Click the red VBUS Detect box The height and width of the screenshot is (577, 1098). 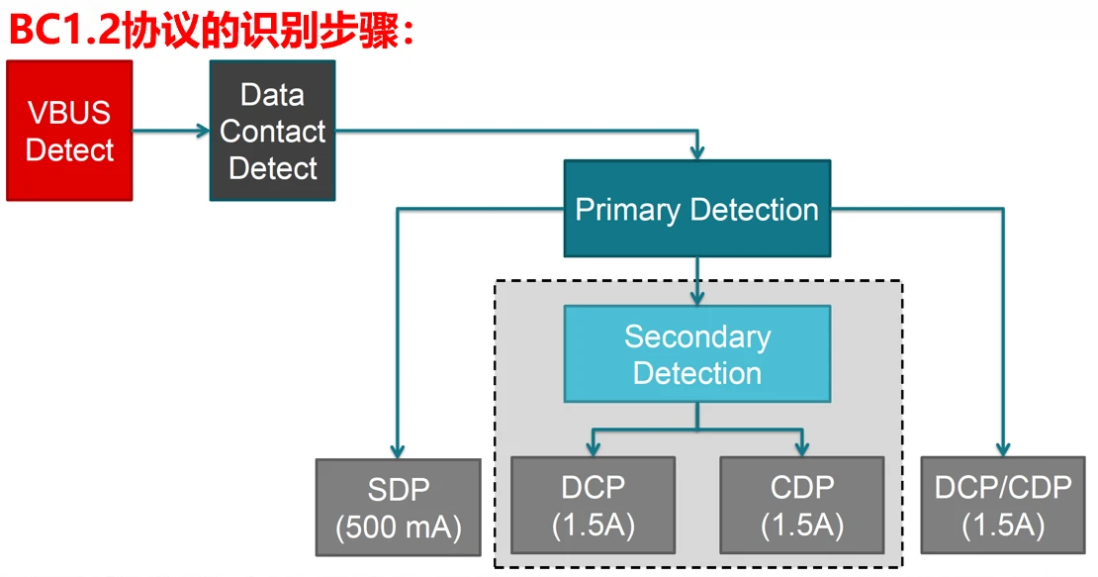[x=69, y=131]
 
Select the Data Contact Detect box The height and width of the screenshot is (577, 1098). [x=272, y=131]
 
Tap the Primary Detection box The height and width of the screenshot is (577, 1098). [x=696, y=209]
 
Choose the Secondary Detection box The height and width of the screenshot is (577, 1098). [x=696, y=353]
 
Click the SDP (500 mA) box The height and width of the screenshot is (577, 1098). [x=398, y=508]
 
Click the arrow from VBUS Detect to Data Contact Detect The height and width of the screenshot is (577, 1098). [x=170, y=130]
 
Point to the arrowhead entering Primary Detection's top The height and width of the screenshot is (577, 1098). [x=697, y=152]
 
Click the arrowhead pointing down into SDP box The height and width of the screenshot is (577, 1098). [x=398, y=450]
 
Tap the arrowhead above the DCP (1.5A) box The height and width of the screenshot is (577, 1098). [x=592, y=447]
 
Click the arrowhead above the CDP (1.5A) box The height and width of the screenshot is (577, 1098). [x=801, y=447]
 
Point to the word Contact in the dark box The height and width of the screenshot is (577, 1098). [x=272, y=131]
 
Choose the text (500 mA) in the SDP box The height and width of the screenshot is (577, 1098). [x=398, y=528]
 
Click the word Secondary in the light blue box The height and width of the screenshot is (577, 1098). [x=696, y=337]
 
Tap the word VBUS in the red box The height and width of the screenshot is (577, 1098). [x=69, y=112]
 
